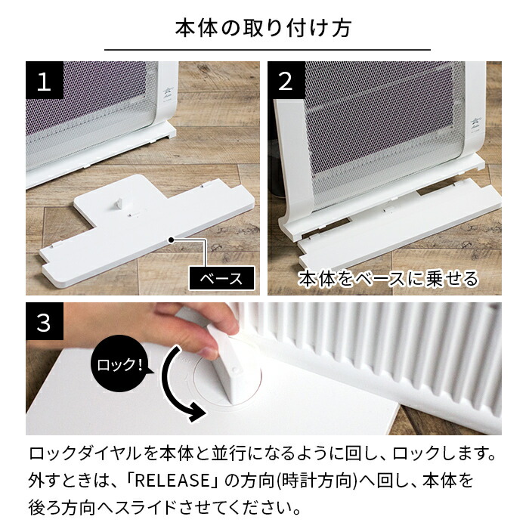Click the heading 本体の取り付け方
264,29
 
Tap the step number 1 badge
44,81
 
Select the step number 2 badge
286,81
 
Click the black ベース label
221,278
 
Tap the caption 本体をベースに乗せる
388,278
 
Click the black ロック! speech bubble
120,367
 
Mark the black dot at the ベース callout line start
172,240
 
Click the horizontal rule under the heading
264,50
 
